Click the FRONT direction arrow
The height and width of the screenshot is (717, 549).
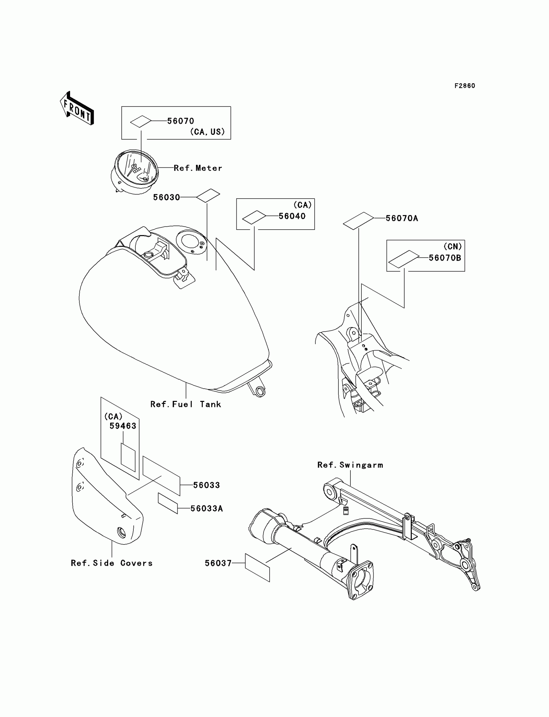(x=77, y=108)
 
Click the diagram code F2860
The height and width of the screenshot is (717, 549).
(x=464, y=86)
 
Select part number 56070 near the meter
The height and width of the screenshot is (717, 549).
(x=181, y=121)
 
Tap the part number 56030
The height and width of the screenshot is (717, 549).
(x=166, y=197)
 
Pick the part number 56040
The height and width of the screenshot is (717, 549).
(x=292, y=216)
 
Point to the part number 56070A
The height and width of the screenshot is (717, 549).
(x=402, y=218)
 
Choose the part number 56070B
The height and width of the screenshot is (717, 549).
(x=444, y=258)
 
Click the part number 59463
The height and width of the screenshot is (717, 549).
(x=122, y=426)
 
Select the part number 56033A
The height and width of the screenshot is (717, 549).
(x=207, y=508)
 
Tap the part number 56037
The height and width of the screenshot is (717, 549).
(x=218, y=563)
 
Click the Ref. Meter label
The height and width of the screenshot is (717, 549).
(x=198, y=168)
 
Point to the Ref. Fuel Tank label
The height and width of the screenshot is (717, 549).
(x=186, y=404)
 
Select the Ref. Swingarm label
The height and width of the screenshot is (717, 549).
(x=350, y=465)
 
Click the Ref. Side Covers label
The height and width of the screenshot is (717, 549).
(x=112, y=563)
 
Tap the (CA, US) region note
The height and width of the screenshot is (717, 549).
(x=208, y=132)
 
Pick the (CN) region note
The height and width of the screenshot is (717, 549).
(x=452, y=246)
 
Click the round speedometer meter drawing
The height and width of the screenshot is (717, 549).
(x=135, y=172)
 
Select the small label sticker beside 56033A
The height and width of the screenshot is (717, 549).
(x=168, y=503)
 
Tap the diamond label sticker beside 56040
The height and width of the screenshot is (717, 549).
(x=254, y=217)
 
